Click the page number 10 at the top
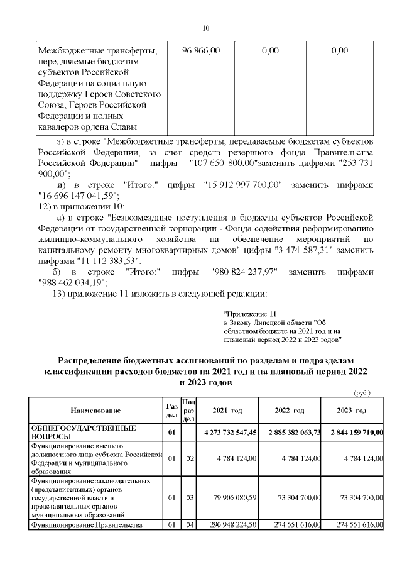205,28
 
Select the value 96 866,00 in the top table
201,50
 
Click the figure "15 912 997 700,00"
244,185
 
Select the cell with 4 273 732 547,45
231,433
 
